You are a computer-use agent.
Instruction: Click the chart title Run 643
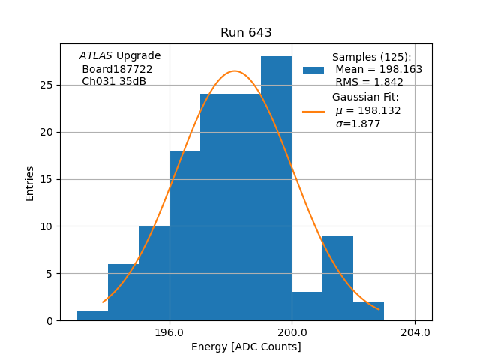[x=246, y=33]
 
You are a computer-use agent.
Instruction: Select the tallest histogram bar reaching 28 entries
[x=276, y=187]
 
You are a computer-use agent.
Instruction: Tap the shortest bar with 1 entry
[x=92, y=316]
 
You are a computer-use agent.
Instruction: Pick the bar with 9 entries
[x=337, y=277]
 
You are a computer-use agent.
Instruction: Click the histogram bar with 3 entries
[x=307, y=306]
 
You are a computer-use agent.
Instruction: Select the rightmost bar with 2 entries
[x=368, y=311]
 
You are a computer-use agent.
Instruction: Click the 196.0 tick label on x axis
[x=169, y=332]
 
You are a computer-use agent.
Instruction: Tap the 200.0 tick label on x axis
[x=292, y=332]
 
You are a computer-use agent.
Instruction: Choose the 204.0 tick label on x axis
[x=415, y=332]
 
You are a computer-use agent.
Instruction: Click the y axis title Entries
[x=30, y=183]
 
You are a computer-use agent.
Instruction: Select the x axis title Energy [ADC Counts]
[x=246, y=346]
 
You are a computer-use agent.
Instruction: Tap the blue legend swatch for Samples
[x=313, y=70]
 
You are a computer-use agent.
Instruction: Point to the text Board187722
[x=117, y=69]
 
